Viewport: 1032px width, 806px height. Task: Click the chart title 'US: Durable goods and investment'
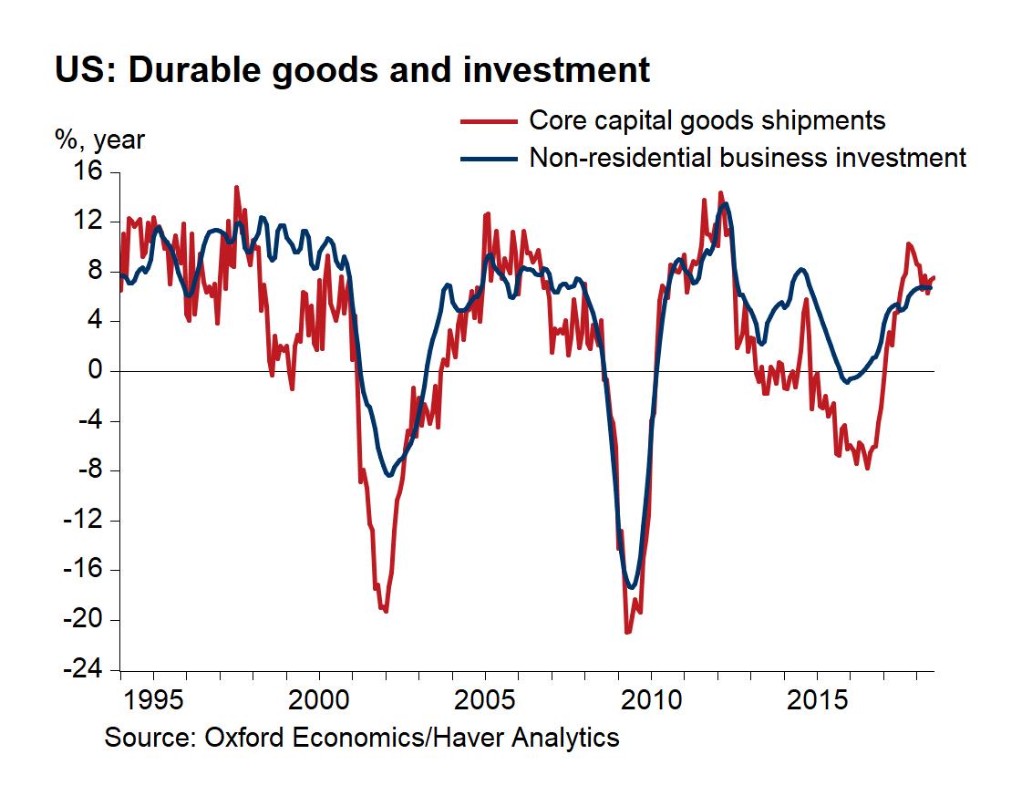352,71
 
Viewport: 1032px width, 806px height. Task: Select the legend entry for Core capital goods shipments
707,119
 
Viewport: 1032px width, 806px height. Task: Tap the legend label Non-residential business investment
747,157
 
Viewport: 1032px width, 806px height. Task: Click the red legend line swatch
488,120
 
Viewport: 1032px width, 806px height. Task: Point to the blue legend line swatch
488,158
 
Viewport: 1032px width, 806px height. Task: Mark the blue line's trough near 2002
389,475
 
